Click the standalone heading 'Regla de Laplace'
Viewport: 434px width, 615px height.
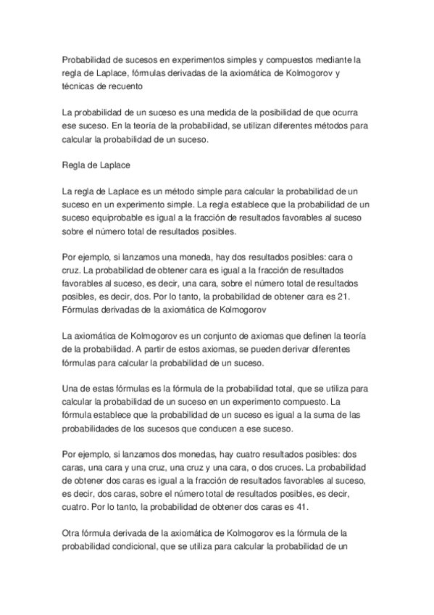(x=96, y=165)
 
